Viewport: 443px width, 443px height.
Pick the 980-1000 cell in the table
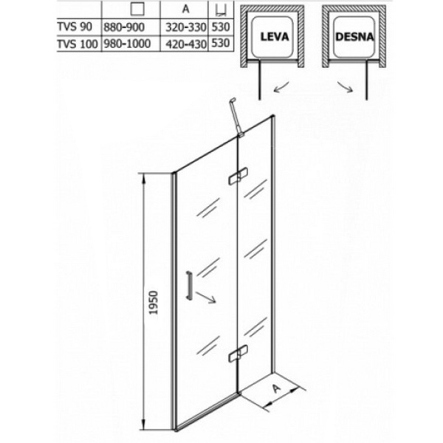coord(125,44)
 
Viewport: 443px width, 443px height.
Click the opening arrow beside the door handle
coord(207,298)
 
